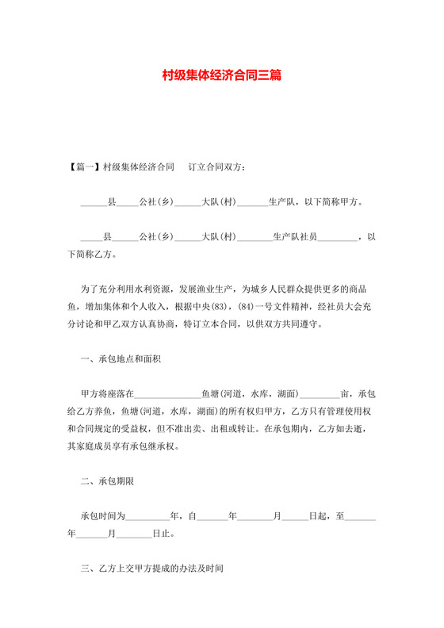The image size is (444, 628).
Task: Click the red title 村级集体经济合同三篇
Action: (221, 77)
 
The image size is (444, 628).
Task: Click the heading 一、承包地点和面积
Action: (121, 359)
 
